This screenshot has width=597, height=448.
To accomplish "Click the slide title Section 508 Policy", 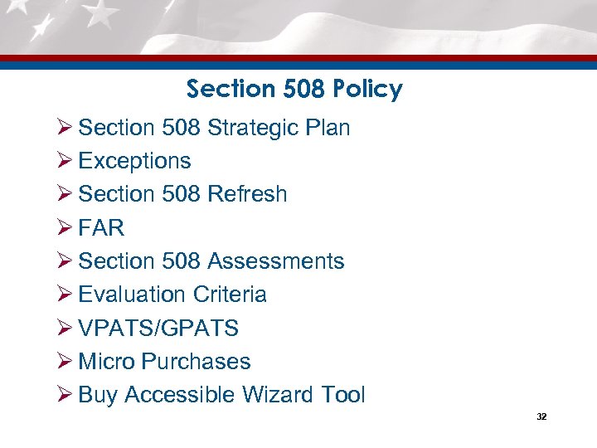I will [294, 89].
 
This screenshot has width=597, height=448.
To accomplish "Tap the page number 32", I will [541, 416].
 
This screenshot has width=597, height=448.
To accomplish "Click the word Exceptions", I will [134, 161].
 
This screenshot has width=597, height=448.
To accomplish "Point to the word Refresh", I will [247, 194].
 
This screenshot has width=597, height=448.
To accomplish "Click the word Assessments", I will [275, 261].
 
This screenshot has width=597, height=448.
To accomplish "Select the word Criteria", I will [230, 295].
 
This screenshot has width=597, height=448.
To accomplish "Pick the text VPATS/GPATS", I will [158, 329].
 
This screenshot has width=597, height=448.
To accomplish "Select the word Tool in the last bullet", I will [343, 395].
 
